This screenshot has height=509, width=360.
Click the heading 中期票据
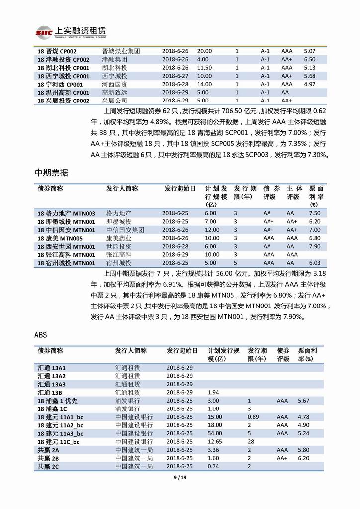(x=51, y=173)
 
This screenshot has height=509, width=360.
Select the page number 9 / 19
(x=180, y=478)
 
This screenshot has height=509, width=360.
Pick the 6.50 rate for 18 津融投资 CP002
(x=309, y=59)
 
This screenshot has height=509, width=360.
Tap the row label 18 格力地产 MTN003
(x=66, y=213)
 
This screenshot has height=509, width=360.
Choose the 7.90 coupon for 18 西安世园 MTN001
(x=314, y=246)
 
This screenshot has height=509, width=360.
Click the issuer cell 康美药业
(x=119, y=238)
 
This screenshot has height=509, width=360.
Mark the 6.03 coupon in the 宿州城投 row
(x=314, y=263)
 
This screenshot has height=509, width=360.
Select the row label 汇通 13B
(x=51, y=392)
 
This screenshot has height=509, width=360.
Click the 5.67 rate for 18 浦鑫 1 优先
(x=303, y=400)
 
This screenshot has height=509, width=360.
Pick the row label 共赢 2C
(x=49, y=466)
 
